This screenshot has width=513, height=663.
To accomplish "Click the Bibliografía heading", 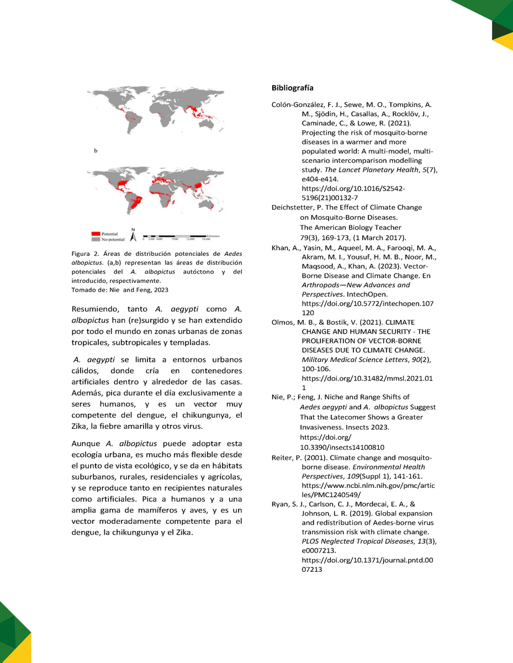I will (293, 88).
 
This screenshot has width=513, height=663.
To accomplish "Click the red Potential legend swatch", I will (95, 234).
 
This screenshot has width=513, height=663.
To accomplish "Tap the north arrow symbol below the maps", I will (133, 234).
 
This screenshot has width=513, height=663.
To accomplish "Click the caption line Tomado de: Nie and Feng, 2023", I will (120, 290).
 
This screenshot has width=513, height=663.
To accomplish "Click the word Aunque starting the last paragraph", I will (86, 444).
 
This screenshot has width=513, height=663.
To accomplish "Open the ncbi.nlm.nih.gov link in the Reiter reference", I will (366, 485).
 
